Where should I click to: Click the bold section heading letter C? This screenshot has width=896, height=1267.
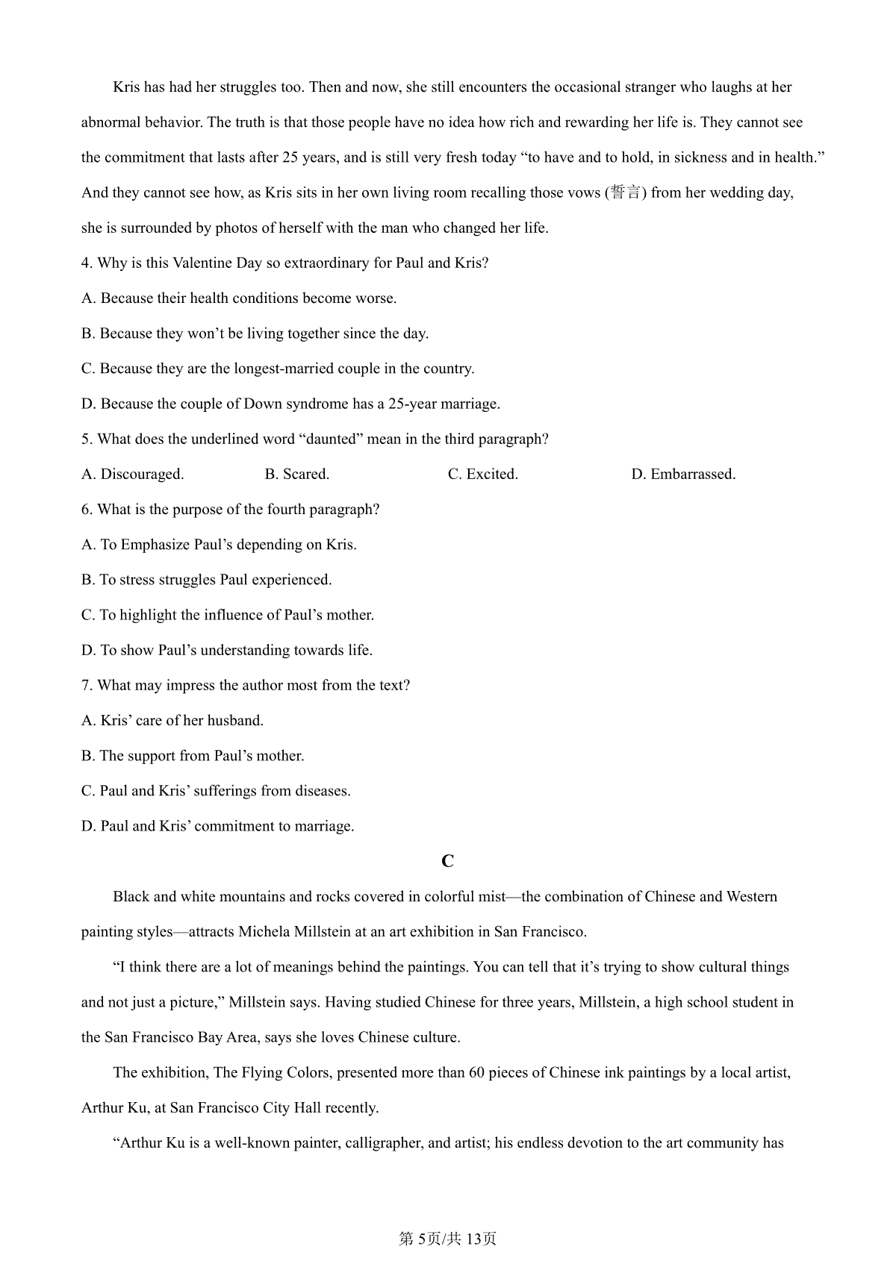click(447, 861)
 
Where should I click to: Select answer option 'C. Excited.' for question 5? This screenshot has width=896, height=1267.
click(482, 475)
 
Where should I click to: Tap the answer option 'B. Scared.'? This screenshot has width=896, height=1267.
click(296, 475)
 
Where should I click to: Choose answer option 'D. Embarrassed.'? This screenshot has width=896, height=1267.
click(682, 475)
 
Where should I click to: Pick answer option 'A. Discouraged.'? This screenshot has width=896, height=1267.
click(132, 475)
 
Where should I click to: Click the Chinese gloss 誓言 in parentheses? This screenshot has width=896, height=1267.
click(625, 193)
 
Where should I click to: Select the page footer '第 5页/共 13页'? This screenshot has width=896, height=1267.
click(447, 1239)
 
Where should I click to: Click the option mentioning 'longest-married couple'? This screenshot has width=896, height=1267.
click(278, 369)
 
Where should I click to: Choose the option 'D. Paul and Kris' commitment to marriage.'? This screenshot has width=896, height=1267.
click(217, 826)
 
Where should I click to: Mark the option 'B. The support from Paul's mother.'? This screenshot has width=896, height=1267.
click(193, 756)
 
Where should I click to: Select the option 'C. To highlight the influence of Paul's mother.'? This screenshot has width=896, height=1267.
click(227, 616)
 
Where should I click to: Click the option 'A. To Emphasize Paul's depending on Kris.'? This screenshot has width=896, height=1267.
click(219, 545)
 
